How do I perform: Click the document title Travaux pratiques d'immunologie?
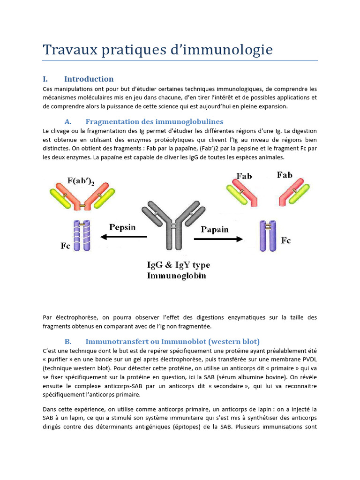pos(157,50)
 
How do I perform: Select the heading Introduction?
pos(89,79)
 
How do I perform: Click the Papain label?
pos(215,229)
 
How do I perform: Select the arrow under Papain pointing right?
pos(218,239)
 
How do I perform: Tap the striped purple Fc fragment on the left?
pos(81,236)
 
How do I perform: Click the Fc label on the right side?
pos(285,240)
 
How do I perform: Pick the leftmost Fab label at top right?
pos(244,176)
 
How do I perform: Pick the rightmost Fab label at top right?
pos(285,175)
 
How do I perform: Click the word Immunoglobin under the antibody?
pos(177,276)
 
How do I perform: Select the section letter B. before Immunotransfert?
pos(68,341)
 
